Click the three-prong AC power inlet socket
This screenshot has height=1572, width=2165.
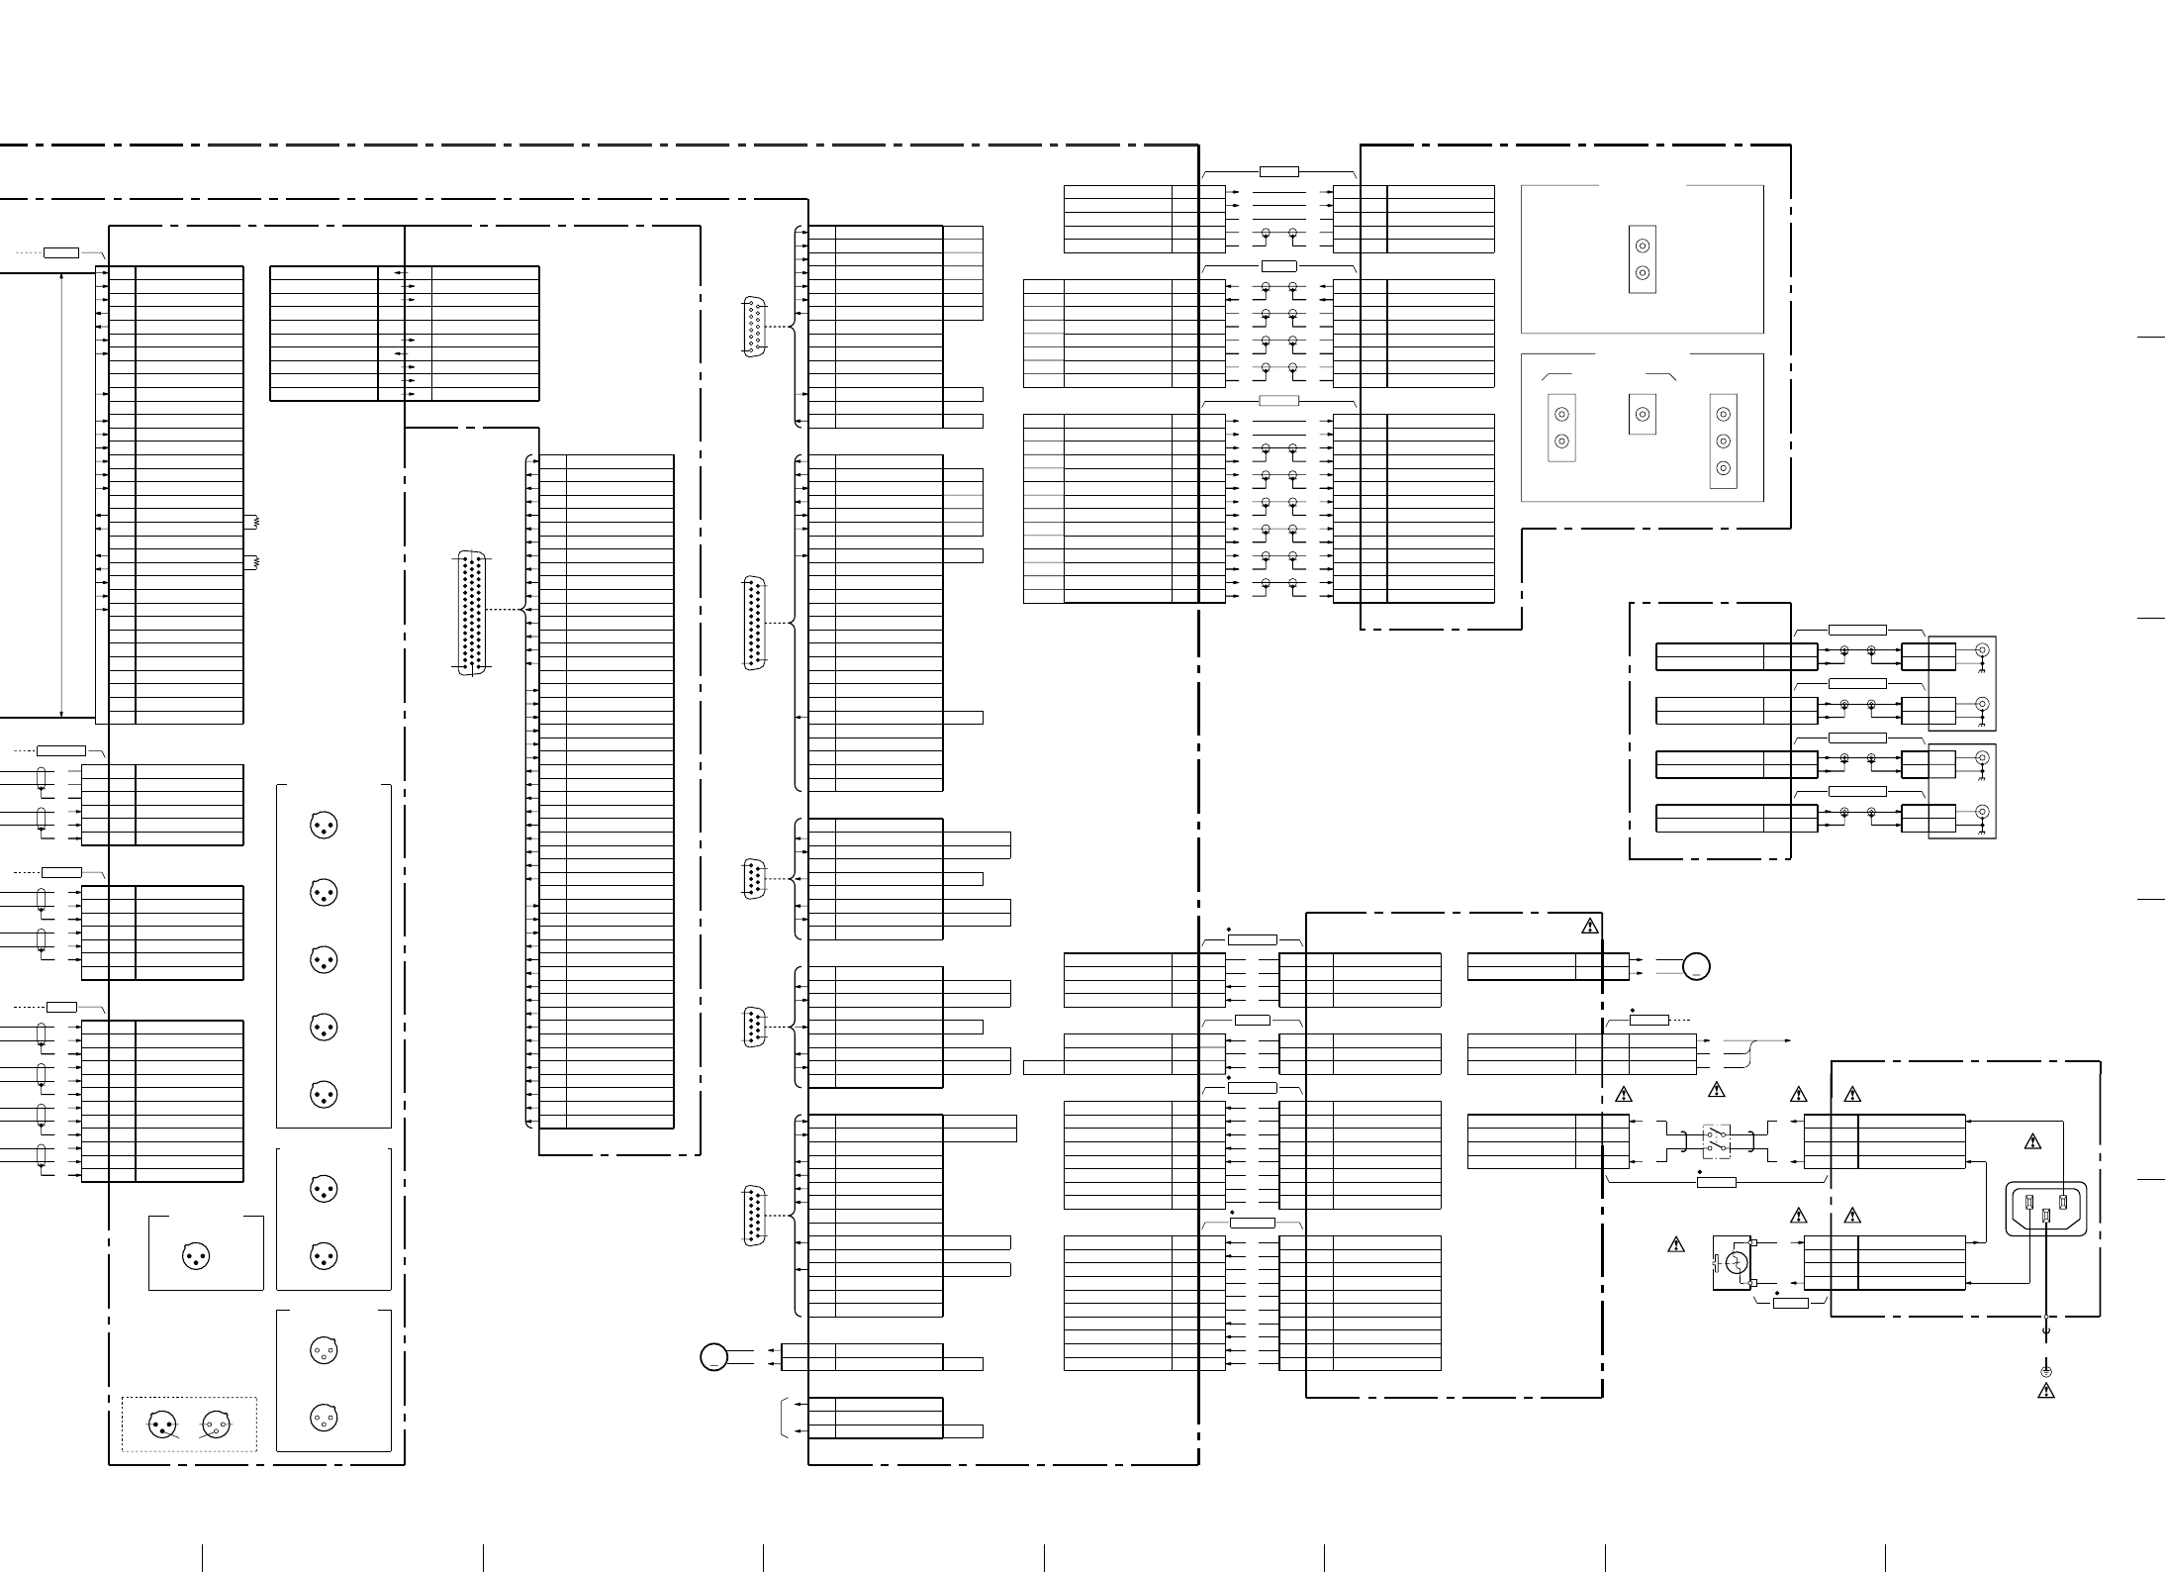click(2045, 1209)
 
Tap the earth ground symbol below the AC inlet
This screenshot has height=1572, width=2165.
click(2046, 1372)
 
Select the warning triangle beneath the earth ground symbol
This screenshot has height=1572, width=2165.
click(2046, 1391)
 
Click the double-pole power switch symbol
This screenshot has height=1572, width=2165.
click(1716, 1141)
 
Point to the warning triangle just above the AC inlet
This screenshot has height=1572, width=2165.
click(2032, 1141)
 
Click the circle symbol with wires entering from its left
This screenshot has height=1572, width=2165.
click(1696, 966)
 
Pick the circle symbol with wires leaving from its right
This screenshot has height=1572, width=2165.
click(713, 1356)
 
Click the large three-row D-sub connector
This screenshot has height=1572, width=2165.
click(473, 613)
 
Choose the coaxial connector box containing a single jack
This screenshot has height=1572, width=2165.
click(1642, 414)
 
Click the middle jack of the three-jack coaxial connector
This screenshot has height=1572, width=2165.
click(1723, 441)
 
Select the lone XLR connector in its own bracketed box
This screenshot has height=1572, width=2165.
click(196, 1256)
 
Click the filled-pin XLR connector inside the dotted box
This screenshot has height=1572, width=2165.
click(161, 1425)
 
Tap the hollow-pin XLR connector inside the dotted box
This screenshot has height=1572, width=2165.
click(216, 1425)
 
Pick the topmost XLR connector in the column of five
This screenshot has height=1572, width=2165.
click(324, 825)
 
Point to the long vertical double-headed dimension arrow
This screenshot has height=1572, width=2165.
click(62, 494)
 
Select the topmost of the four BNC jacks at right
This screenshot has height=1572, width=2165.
click(1982, 650)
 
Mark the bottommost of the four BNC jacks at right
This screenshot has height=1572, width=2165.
click(1982, 812)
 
